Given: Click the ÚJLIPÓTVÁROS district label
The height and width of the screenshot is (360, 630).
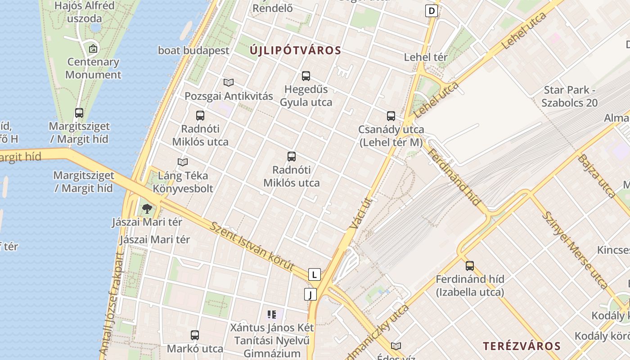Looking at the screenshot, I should pos(296,50).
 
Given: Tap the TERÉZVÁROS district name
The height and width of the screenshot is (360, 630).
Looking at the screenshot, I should pos(522,346).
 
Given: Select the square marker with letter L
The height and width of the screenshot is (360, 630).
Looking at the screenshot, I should pos(314,274).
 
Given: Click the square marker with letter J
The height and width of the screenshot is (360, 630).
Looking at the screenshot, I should pos(310,294).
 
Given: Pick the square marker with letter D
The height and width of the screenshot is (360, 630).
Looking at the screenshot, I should pos(431,11).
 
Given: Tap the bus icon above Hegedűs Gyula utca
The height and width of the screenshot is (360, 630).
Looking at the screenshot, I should pos(306,76).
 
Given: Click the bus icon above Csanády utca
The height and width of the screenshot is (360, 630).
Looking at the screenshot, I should pos(391,116).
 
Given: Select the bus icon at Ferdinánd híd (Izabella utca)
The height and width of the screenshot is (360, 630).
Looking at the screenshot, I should pos(470,265).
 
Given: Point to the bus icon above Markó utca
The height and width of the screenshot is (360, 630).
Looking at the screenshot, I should pos(195,335).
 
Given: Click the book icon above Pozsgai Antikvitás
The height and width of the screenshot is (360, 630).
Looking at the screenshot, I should pos(229,82).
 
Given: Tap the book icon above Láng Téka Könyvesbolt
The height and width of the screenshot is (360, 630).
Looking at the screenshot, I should pos(183,162).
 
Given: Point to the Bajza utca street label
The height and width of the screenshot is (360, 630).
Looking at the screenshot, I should pos(596,175).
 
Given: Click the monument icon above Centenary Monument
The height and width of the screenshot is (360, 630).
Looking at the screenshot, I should pos(93,49).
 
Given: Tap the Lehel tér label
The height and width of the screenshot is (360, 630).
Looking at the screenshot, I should pos(426,57).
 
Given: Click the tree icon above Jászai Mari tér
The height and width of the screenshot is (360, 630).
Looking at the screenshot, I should pos(147,208).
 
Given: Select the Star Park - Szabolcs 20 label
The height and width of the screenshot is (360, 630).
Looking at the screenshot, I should pos(569,96).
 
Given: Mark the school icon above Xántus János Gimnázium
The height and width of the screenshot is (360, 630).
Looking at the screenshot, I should pos(271,314).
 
